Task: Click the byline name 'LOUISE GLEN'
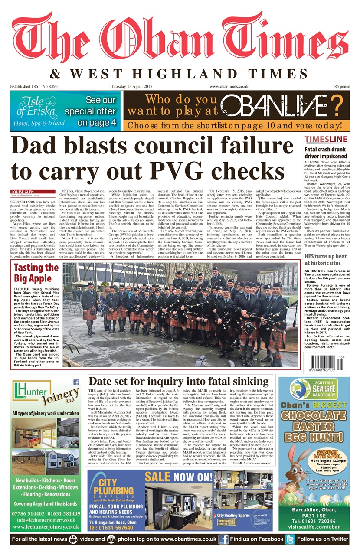pyautogui.click(x=23, y=191)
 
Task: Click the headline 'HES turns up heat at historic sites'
pyautogui.click(x=326, y=259)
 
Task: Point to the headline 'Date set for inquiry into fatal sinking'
pyautogui.click(x=179, y=382)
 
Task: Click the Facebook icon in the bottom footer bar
pyautogui.click(x=223, y=539)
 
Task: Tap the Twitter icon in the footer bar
pyautogui.click(x=290, y=539)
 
